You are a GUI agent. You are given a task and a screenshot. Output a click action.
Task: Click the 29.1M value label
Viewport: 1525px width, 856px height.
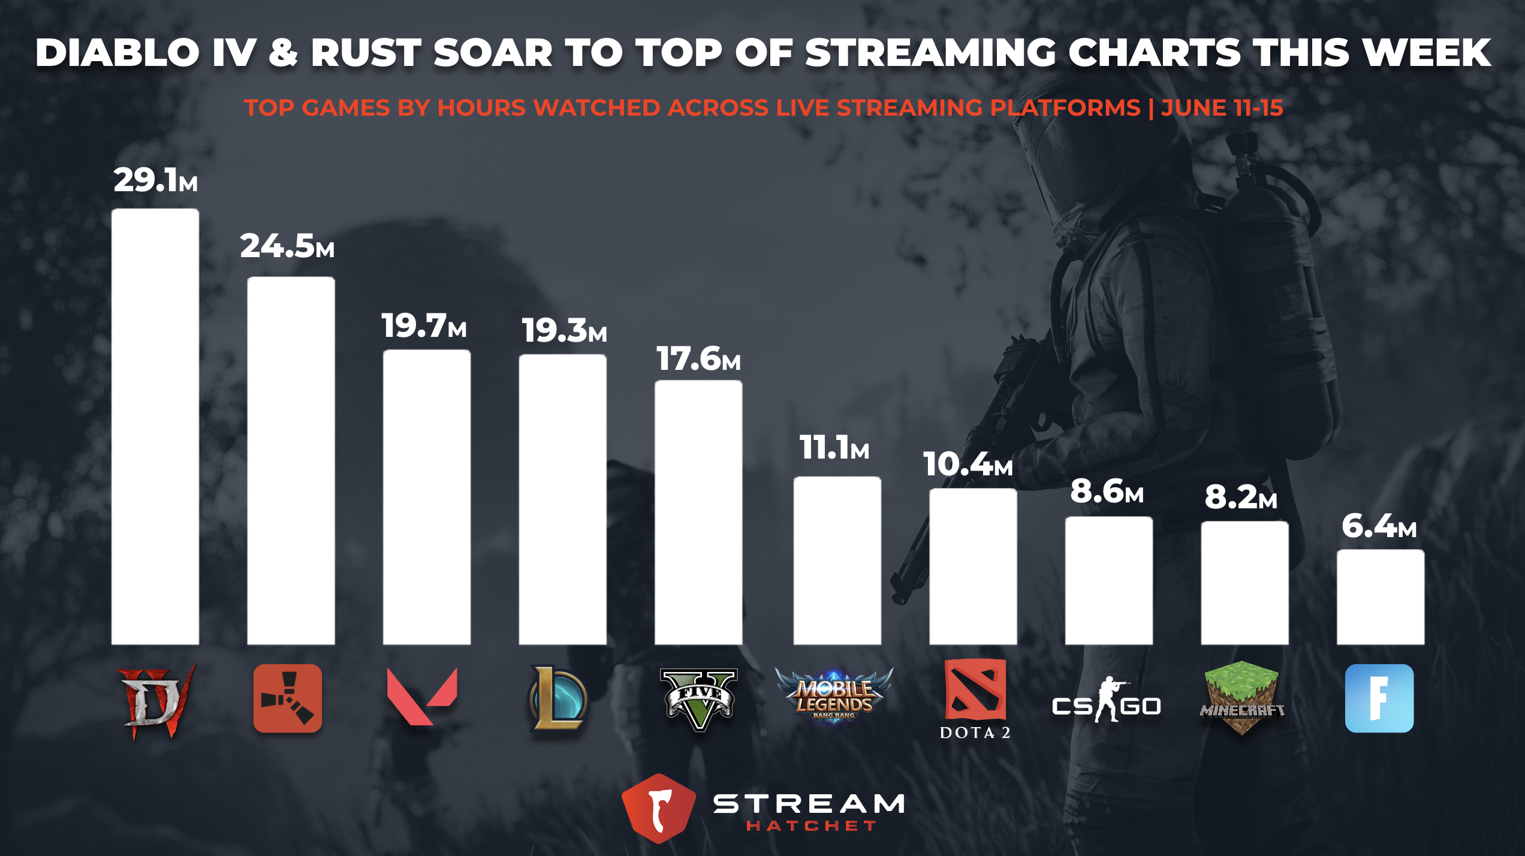pos(155,180)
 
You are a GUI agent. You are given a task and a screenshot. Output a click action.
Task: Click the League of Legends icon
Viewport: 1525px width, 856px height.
pos(557,698)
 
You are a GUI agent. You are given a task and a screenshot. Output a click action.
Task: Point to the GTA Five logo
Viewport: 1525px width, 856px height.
pos(698,699)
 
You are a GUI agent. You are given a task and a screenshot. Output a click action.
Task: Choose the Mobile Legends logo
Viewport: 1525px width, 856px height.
pos(834,695)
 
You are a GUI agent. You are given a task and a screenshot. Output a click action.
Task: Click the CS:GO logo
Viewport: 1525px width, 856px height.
pos(1107,701)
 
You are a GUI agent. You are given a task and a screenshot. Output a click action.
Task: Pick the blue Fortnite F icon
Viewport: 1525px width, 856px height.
pos(1379,698)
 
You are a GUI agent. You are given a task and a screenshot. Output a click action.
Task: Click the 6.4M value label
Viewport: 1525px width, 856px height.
pos(1379,526)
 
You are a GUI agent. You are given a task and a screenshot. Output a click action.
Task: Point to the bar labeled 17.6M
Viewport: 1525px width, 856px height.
pos(698,513)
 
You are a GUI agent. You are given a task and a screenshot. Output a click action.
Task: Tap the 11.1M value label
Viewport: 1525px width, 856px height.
pos(834,448)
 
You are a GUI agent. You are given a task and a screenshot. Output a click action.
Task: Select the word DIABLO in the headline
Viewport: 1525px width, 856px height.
pos(117,53)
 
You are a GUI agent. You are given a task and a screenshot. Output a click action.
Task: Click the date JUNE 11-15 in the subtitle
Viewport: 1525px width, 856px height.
pos(1222,108)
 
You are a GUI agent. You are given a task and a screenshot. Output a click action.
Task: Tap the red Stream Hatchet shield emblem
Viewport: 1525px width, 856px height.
pos(659,808)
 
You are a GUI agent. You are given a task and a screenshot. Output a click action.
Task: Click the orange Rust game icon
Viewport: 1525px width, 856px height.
pos(288,698)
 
